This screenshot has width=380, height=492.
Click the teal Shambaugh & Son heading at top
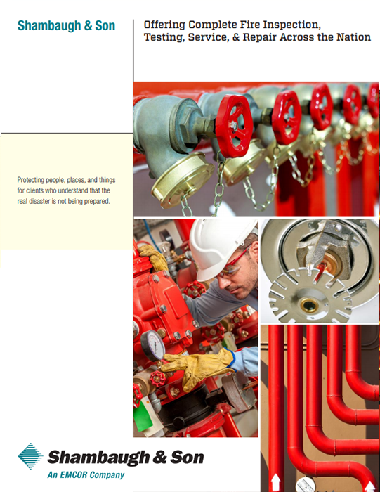coord(66,27)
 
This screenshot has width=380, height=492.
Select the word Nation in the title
coord(350,38)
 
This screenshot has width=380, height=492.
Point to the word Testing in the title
coord(165,38)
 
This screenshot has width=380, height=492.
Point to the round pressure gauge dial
coord(152,344)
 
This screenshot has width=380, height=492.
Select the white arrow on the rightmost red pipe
coord(369,485)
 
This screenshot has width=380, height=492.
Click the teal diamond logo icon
coord(30,457)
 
